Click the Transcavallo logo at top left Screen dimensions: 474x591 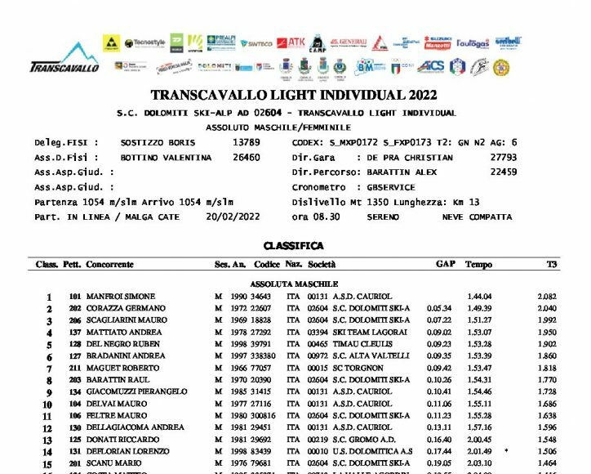pyautogui.click(x=64, y=58)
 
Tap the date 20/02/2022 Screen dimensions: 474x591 pyautogui.click(x=234, y=217)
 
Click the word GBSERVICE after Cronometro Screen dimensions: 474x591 pyautogui.click(x=393, y=187)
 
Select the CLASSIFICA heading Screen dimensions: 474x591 pyautogui.click(x=294, y=245)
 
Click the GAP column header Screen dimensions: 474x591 pyautogui.click(x=445, y=265)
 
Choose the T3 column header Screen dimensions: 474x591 pyautogui.click(x=552, y=265)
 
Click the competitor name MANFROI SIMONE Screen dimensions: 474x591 pyautogui.click(x=123, y=296)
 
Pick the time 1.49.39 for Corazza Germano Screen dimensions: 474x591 pyautogui.click(x=479, y=308)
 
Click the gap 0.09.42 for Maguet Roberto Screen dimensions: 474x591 pyautogui.click(x=439, y=368)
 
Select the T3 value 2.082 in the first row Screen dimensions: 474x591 pyautogui.click(x=547, y=296)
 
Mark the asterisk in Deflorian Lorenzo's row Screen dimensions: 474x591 pyautogui.click(x=507, y=449)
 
